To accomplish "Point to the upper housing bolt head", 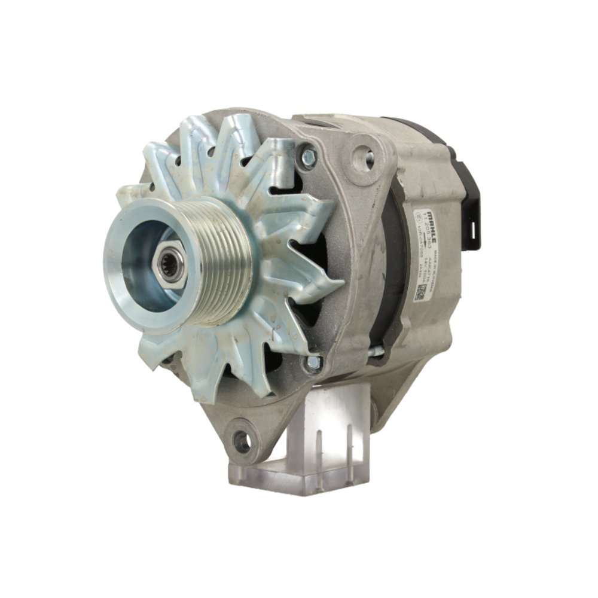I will click(x=307, y=157).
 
